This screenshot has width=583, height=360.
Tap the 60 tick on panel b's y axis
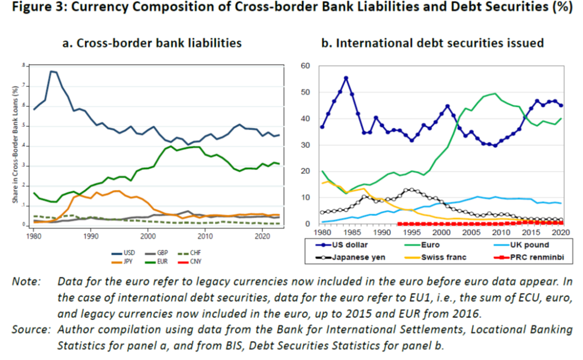pyautogui.click(x=306, y=66)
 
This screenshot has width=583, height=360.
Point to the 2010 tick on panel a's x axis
pyautogui.click(x=204, y=235)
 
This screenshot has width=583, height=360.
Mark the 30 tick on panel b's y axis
pyautogui.click(x=306, y=145)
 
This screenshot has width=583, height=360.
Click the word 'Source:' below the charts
pyautogui.click(x=31, y=330)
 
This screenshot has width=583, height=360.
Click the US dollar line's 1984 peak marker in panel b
pyautogui.click(x=346, y=78)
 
